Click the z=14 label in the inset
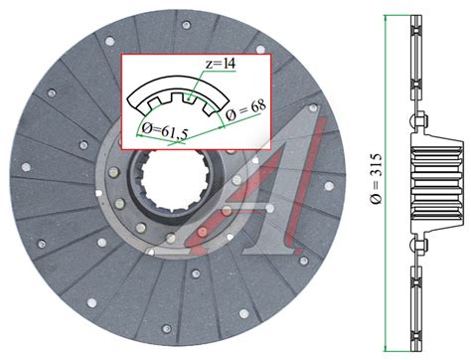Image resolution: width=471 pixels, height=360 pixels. [x=221, y=63]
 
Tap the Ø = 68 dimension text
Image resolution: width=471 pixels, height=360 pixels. [x=245, y=109]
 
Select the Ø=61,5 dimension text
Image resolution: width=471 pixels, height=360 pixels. [x=164, y=131]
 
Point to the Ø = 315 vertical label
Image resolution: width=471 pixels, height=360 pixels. [x=376, y=179]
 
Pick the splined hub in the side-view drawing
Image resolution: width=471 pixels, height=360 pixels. [x=436, y=183]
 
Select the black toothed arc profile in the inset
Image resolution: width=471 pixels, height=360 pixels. [x=178, y=95]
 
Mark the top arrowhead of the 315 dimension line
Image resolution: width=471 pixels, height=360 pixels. [x=385, y=18]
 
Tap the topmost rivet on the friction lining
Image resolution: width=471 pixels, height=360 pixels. [x=186, y=25]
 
